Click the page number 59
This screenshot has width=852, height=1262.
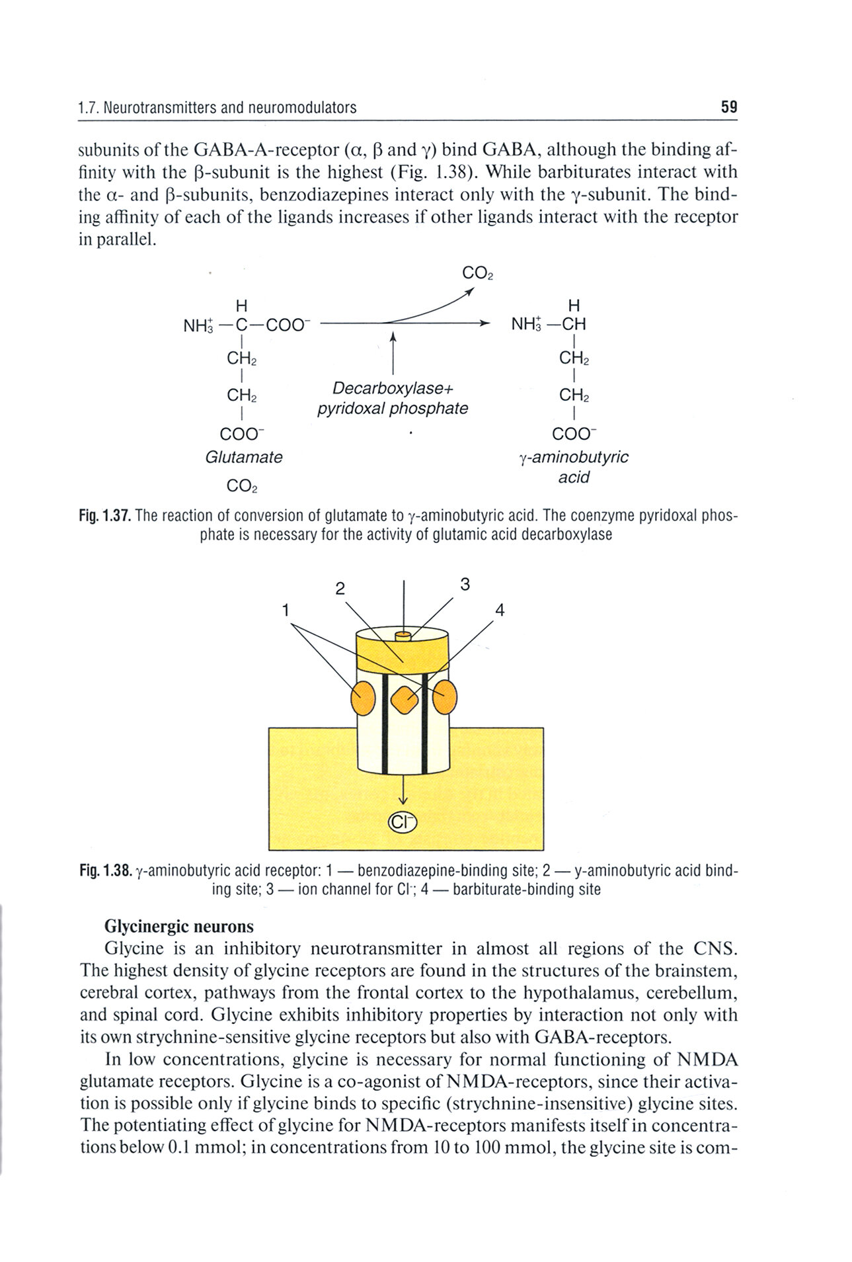[728, 106]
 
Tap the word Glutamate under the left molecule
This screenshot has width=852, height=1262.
[243, 457]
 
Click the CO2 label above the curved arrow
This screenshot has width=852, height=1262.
[477, 273]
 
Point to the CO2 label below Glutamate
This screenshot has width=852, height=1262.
[241, 486]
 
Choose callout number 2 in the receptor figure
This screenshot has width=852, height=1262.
[340, 589]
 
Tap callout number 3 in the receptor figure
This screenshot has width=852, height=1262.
[465, 584]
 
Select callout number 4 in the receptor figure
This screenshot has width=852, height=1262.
[500, 610]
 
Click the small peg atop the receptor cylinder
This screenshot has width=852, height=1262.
[403, 636]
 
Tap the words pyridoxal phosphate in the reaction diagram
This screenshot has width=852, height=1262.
[393, 408]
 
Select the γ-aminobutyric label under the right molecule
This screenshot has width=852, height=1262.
[574, 457]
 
